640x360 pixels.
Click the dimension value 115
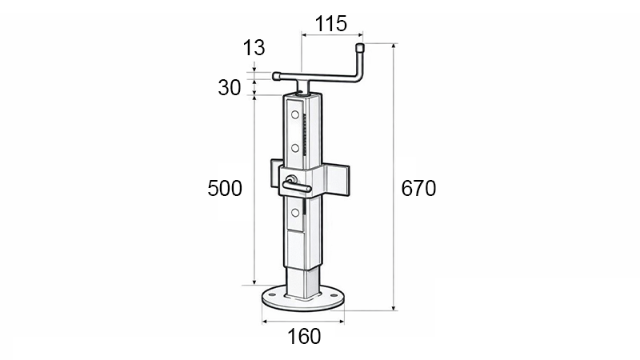coord(331,24)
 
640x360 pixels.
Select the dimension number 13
coord(254,48)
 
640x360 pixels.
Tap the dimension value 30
coord(230,88)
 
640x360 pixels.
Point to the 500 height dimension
coord(225,189)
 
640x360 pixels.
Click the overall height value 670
coord(418,189)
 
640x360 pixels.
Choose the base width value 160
coord(303,336)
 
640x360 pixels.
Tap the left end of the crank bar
coord(277,77)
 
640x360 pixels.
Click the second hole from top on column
coord(295,148)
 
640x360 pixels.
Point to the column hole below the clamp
coord(295,212)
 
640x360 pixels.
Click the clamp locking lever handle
coord(297,187)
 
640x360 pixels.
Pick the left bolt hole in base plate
coord(272,296)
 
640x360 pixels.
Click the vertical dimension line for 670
coord(394,240)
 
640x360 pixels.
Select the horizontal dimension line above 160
coord(303,322)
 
